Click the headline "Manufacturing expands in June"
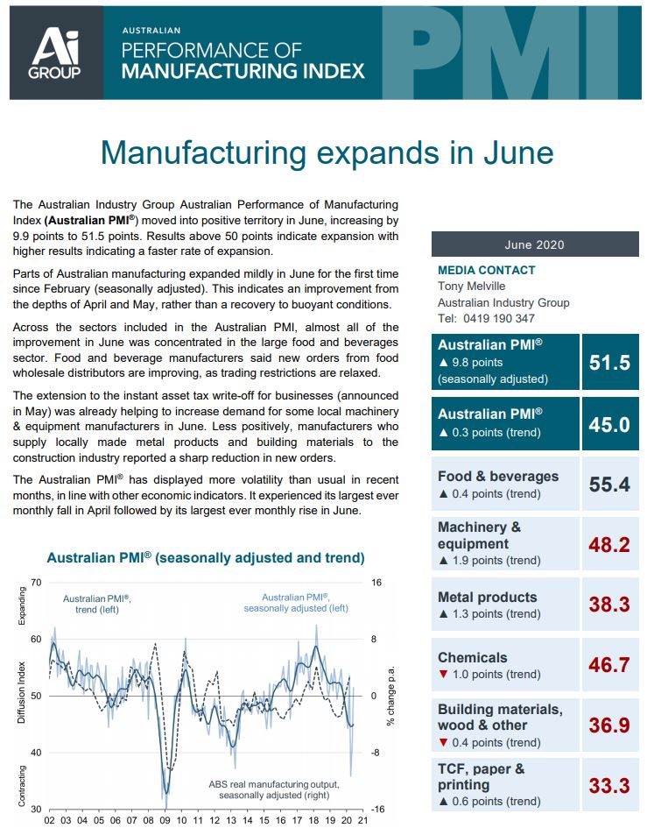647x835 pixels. (x=327, y=152)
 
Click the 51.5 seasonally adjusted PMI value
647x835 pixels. (x=609, y=362)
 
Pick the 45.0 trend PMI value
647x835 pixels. (x=609, y=424)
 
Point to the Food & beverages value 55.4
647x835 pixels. (x=609, y=484)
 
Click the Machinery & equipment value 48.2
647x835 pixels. (x=609, y=544)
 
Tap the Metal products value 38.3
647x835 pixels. (x=609, y=605)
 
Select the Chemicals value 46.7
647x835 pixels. (x=609, y=665)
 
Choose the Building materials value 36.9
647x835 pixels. (x=609, y=725)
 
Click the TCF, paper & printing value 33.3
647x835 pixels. (x=609, y=785)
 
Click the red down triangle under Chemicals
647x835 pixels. (x=444, y=675)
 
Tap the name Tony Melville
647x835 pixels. (x=471, y=286)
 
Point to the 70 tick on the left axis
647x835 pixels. (x=36, y=583)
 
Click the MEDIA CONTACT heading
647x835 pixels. (x=486, y=270)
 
